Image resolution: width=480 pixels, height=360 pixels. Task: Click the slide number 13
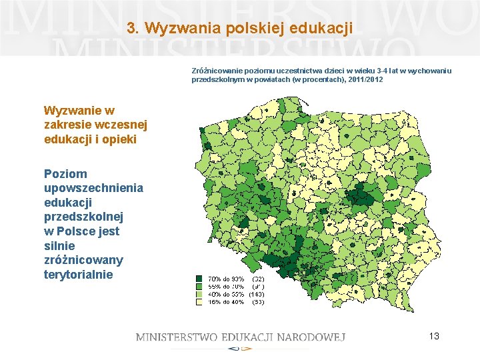click(434, 336)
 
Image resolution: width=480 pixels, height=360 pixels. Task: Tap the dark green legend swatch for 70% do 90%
click(199, 279)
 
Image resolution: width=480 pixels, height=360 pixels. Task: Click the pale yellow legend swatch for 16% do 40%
click(199, 301)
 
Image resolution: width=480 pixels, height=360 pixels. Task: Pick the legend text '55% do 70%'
click(226, 287)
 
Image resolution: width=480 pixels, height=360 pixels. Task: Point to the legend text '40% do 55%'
click(226, 294)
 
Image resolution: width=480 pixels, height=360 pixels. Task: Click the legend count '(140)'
click(257, 294)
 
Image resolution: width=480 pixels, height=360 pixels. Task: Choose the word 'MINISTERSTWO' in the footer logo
click(176, 337)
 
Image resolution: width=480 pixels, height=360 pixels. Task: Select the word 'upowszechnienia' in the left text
click(93, 188)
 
